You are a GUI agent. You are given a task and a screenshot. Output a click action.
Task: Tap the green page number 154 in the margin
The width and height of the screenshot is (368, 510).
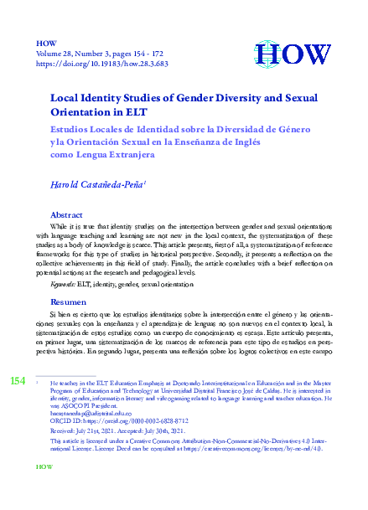17,383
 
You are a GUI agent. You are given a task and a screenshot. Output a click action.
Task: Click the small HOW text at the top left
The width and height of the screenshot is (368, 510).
46,40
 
